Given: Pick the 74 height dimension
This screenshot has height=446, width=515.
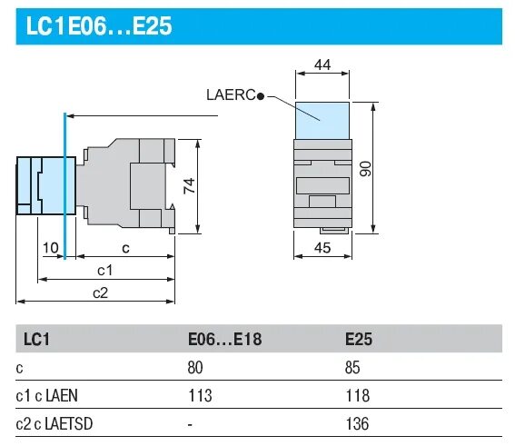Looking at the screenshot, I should pos(189,187).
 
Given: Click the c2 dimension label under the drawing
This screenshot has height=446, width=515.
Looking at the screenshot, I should pos(100,292).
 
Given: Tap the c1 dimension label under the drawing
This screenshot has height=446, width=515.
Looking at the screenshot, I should pos(104,270).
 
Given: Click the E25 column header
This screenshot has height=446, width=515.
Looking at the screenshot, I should pos(359,340).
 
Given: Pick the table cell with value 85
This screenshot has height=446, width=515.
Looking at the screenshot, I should pos(352,368).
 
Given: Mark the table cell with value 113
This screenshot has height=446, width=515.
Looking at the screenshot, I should pos(198,395).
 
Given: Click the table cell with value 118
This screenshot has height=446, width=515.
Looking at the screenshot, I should pos(356,395).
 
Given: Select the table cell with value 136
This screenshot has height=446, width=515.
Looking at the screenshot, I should pos(356,423).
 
